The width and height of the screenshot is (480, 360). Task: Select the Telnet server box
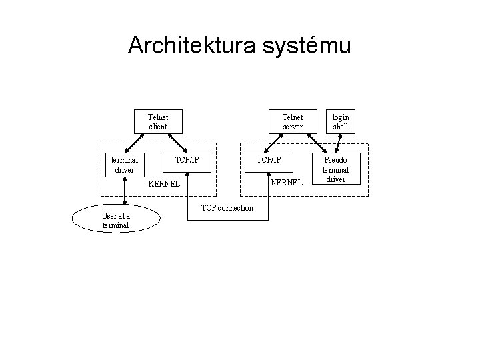coord(292,121)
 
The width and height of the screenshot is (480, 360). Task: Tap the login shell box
coord(341,121)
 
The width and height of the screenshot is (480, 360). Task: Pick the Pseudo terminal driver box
coord(336,170)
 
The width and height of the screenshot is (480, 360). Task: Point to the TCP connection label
coord(227,208)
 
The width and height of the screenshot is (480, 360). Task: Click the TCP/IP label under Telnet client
coord(187,160)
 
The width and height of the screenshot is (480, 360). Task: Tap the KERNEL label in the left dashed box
coord(163,183)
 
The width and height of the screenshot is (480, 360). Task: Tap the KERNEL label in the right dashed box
coord(287,182)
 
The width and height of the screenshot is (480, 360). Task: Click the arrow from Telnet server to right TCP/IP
coord(276,143)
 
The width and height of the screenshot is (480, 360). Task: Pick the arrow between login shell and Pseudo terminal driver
coord(339,143)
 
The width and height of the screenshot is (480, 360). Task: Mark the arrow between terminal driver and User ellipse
coord(125,189)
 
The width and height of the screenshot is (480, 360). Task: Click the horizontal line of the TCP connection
coord(227,219)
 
